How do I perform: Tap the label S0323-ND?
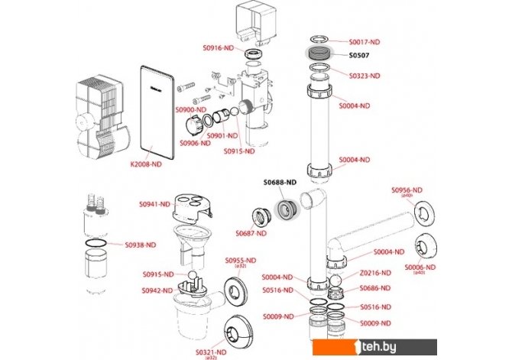[365, 76]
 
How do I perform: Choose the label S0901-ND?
[220, 135]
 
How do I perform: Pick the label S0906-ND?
[194, 143]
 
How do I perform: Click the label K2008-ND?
[145, 164]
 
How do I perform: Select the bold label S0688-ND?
[279, 183]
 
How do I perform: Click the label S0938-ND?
[140, 245]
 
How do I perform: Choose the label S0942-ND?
[157, 290]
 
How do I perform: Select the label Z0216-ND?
[375, 273]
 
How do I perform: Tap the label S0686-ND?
[375, 288]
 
